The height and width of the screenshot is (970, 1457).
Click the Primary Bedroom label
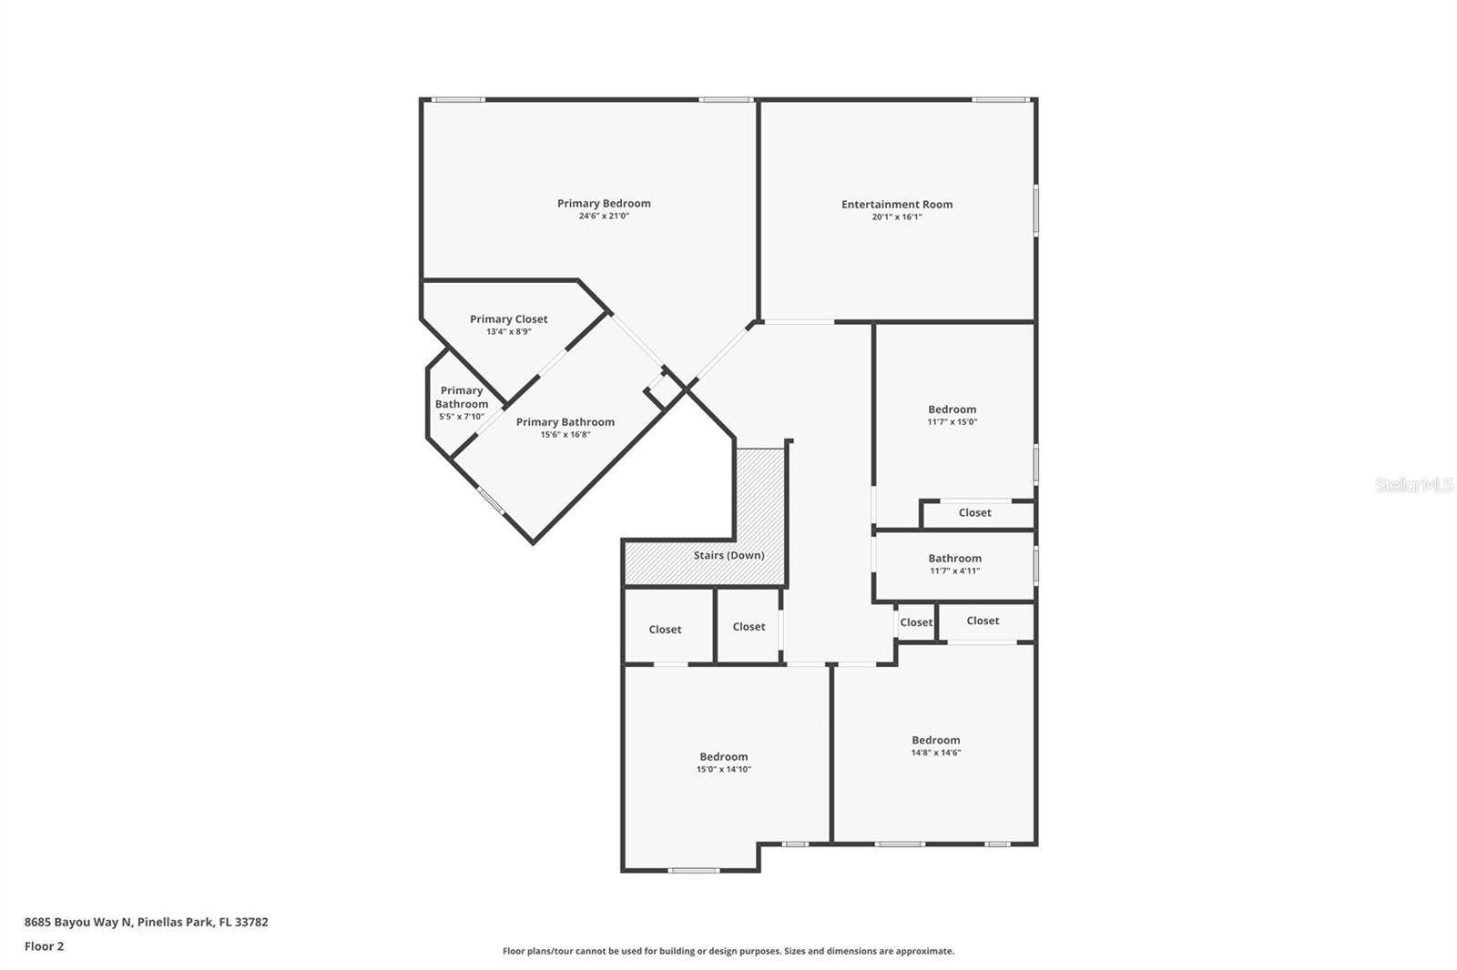click(x=604, y=203)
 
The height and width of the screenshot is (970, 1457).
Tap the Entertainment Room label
click(x=897, y=204)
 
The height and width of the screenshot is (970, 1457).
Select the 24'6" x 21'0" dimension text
click(x=604, y=217)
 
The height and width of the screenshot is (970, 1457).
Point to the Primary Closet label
click(x=508, y=318)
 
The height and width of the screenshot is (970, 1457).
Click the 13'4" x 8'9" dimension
click(x=508, y=332)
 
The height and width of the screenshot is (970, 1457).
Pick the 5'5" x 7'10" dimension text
click(x=462, y=417)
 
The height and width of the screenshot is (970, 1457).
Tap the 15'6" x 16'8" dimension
click(x=565, y=435)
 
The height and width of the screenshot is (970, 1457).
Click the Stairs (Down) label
click(x=728, y=555)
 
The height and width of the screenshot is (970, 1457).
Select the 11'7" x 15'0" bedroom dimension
click(x=953, y=422)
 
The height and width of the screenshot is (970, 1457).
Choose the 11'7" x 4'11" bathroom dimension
click(x=954, y=571)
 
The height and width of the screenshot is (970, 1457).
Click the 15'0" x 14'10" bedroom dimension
click(x=724, y=770)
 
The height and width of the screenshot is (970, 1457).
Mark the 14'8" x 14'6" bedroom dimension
click(x=936, y=753)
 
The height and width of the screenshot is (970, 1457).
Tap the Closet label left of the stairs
click(x=665, y=630)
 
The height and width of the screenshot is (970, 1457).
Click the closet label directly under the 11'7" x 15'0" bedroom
click(x=974, y=513)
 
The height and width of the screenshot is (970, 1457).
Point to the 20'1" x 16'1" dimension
click(x=897, y=217)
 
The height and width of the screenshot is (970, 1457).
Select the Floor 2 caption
click(x=44, y=946)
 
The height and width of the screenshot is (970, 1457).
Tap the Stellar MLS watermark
click(x=1414, y=485)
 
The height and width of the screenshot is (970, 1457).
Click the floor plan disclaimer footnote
click(x=728, y=951)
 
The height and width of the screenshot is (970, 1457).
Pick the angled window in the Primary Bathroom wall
click(x=491, y=500)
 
